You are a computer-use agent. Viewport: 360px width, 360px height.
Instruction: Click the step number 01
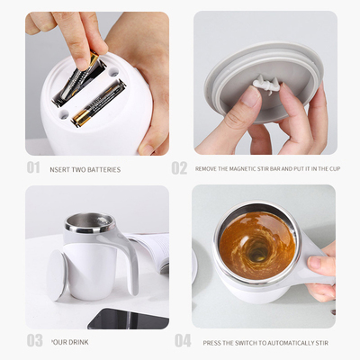coord(33,167)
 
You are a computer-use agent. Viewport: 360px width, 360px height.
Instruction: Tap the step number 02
coord(179,167)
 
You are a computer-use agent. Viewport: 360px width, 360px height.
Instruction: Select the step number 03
coord(34,340)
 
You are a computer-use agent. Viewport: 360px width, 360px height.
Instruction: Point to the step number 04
coord(183,340)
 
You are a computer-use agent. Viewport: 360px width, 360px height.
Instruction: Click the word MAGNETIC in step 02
coord(242,169)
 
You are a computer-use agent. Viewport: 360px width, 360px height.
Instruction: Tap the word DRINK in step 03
coord(79,342)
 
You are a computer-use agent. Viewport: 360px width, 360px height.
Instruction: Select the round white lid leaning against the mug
coord(57,274)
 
